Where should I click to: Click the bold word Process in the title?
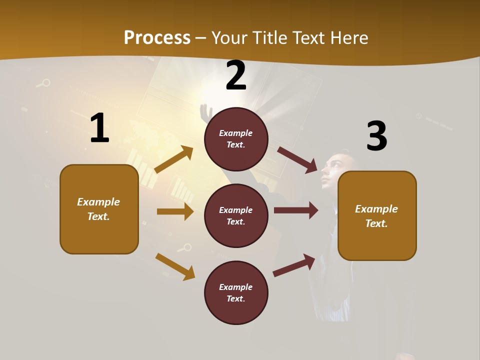pyautogui.click(x=157, y=38)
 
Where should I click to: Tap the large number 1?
pyautogui.click(x=99, y=129)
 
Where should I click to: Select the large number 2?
pyautogui.click(x=236, y=76)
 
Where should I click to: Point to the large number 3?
pyautogui.click(x=376, y=136)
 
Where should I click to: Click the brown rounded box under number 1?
pyautogui.click(x=99, y=209)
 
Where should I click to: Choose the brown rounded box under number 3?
pyautogui.click(x=377, y=216)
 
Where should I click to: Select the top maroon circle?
pyautogui.click(x=236, y=139)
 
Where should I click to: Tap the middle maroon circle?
pyautogui.click(x=236, y=215)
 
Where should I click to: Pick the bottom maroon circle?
pyautogui.click(x=236, y=292)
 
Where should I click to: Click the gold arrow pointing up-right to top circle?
pyautogui.click(x=174, y=159)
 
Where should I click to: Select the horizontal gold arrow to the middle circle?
pyautogui.click(x=175, y=211)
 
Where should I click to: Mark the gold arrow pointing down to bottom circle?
pyautogui.click(x=175, y=266)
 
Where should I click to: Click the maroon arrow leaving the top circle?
pyautogui.click(x=297, y=160)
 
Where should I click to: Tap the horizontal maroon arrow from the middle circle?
pyautogui.click(x=296, y=210)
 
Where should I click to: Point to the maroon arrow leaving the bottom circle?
pyautogui.click(x=294, y=265)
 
